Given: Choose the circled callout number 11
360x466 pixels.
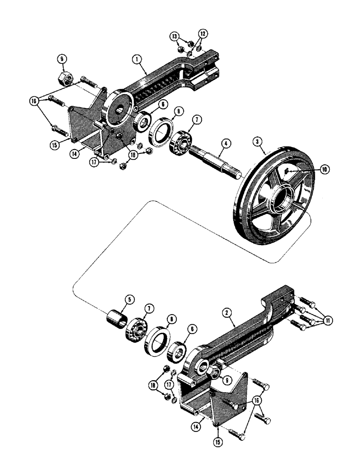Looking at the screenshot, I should [329, 320].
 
